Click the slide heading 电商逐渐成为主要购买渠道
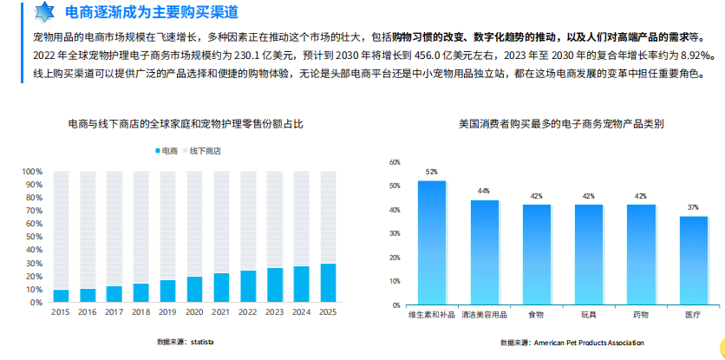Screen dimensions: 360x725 [151, 12]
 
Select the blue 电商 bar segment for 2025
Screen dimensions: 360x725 [328, 283]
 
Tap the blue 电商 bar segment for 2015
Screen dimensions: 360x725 [61, 296]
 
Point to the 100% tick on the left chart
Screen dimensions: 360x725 [32, 172]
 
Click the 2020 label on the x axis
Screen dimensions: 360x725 [194, 312]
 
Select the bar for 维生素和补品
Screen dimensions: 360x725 [432, 243]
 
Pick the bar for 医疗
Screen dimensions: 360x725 [693, 261]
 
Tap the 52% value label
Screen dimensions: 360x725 [432, 172]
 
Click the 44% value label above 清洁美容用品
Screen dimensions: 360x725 [484, 191]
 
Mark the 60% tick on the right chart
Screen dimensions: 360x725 [395, 162]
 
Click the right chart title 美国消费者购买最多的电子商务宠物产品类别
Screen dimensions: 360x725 [561, 124]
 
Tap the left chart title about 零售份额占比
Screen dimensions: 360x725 [186, 124]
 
